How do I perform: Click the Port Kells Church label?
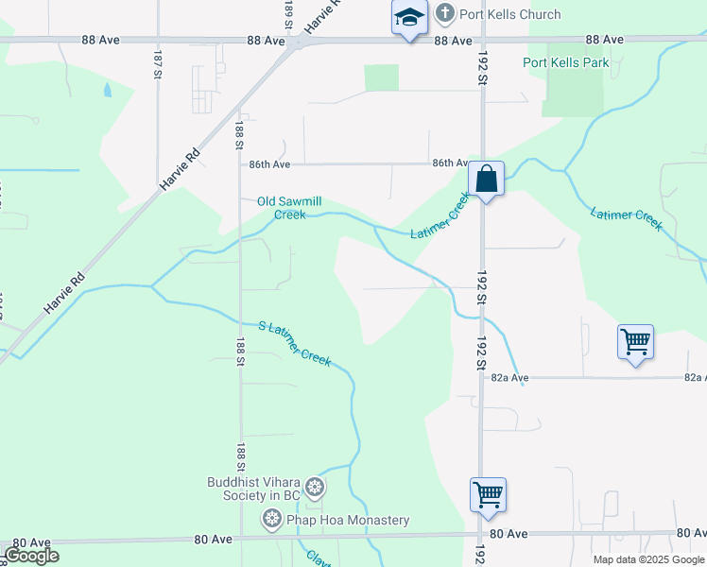pos(510,14)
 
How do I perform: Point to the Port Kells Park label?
pos(566,62)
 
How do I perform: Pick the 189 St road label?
pos(287,14)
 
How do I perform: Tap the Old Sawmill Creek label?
pos(289,207)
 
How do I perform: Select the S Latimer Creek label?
pos(295,342)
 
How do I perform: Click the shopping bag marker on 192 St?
pos(486,179)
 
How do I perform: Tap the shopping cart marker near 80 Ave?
pos(488,493)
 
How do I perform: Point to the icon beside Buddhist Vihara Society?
pos(316,489)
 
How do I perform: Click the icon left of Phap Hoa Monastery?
pos(272,519)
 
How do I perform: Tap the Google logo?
pos(31,556)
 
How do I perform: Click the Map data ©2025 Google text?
pos(648,559)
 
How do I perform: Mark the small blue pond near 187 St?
pos(107,91)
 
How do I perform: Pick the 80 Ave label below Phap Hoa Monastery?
pos(213,539)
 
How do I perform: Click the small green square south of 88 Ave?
pos(381,77)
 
